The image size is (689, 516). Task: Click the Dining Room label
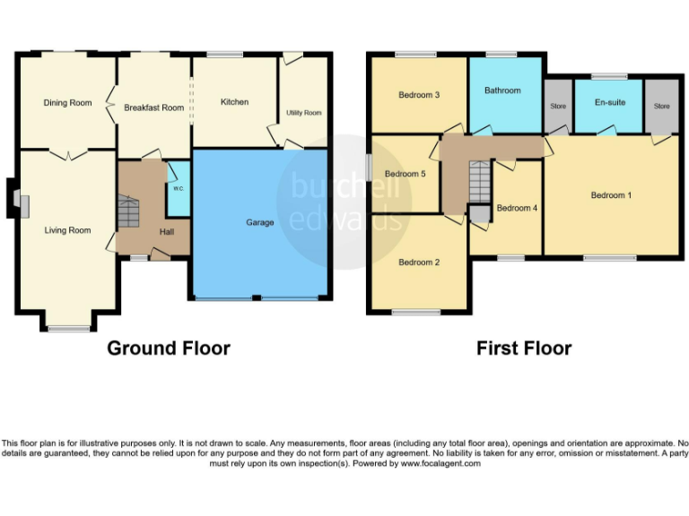[68, 103]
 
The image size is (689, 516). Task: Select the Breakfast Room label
[153, 107]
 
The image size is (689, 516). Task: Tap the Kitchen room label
[235, 102]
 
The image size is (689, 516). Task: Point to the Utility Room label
[304, 113]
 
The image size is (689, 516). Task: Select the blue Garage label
[260, 222]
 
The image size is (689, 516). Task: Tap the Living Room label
[68, 230]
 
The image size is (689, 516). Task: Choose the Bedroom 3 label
[419, 95]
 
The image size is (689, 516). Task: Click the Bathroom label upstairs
[502, 90]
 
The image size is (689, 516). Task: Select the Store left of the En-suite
[558, 106]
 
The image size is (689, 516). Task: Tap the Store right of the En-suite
[662, 106]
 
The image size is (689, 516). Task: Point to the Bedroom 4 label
[517, 208]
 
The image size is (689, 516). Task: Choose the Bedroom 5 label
[405, 174]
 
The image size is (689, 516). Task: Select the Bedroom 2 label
[419, 262]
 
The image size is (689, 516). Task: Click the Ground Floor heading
[169, 348]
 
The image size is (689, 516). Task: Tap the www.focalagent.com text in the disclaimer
[440, 463]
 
